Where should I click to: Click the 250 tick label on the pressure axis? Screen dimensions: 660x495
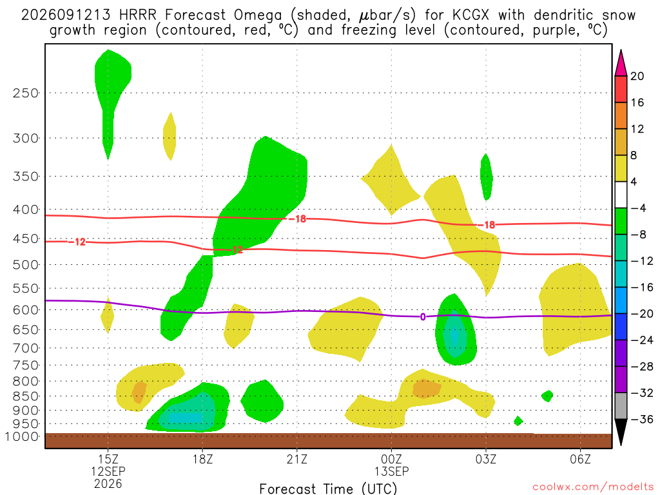[x=25, y=93]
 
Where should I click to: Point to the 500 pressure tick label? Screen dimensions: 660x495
[x=25, y=265]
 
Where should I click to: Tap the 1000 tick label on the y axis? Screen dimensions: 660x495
[x=22, y=436]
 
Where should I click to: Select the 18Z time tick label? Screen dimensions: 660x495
[x=203, y=459]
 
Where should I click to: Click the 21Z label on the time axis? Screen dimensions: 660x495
[x=297, y=459]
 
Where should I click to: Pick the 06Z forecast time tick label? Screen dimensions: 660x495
[x=581, y=459]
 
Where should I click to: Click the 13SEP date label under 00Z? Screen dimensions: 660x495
[x=391, y=471]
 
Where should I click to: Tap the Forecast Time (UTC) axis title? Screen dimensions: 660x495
[x=328, y=489]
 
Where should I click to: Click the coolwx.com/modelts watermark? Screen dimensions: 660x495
[x=593, y=487]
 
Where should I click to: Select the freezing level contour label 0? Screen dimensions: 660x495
[x=423, y=317]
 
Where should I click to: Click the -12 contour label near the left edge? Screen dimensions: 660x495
[x=77, y=242]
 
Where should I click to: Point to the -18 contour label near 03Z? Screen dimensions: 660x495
[x=487, y=225]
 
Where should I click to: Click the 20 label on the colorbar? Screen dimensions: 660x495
[x=637, y=76]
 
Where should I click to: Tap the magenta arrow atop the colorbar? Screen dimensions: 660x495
[x=621, y=63]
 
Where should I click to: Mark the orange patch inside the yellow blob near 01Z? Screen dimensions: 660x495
[x=427, y=389]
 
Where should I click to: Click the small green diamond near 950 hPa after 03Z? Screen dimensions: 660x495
[x=519, y=420]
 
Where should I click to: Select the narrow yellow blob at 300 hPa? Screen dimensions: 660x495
[x=170, y=137]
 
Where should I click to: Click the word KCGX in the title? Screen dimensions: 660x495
[x=471, y=15]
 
